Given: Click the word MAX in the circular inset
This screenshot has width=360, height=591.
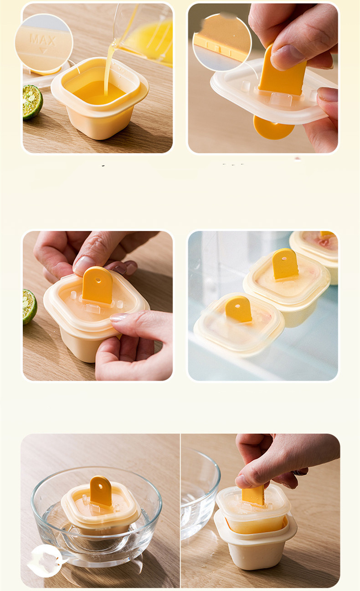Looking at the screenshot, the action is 43,40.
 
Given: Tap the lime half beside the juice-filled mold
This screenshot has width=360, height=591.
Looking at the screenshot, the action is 32,102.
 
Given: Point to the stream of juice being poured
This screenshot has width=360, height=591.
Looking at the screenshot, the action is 109,66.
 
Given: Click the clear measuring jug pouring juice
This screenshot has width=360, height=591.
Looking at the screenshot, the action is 144,34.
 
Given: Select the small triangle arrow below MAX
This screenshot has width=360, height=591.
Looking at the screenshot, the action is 43,51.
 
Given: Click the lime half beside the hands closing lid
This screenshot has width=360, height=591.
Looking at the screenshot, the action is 29,306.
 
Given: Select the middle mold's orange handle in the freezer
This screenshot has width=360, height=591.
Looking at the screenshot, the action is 285,264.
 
